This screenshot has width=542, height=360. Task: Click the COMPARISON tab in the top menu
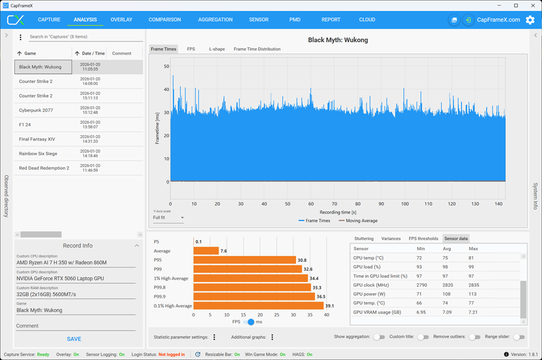click(164, 20)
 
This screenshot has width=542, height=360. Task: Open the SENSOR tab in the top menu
click(259, 20)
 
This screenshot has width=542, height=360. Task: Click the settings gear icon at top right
click(530, 20)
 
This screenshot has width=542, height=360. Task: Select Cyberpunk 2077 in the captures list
click(36, 110)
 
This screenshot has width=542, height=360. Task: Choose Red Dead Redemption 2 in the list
click(44, 168)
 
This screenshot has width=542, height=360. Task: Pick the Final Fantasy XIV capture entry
click(37, 139)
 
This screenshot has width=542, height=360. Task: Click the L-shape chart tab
click(217, 49)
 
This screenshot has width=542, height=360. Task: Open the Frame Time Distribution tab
click(257, 49)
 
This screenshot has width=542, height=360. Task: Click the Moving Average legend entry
click(358, 221)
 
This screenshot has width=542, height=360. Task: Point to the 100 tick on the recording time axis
click(405, 204)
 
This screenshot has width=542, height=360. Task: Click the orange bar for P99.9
click(254, 296)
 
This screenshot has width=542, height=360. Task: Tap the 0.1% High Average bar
click(259, 306)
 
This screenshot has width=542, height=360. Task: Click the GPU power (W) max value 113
click(472, 294)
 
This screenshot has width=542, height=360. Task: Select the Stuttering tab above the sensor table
click(364, 238)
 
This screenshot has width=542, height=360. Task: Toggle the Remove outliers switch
click(475, 337)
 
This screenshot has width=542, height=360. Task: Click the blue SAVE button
click(74, 339)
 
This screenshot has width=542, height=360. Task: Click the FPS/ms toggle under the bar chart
click(248, 322)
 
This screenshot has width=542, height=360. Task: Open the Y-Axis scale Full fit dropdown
click(168, 218)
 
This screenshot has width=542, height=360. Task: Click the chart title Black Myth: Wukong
click(338, 40)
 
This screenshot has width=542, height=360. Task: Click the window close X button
click(532, 5)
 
